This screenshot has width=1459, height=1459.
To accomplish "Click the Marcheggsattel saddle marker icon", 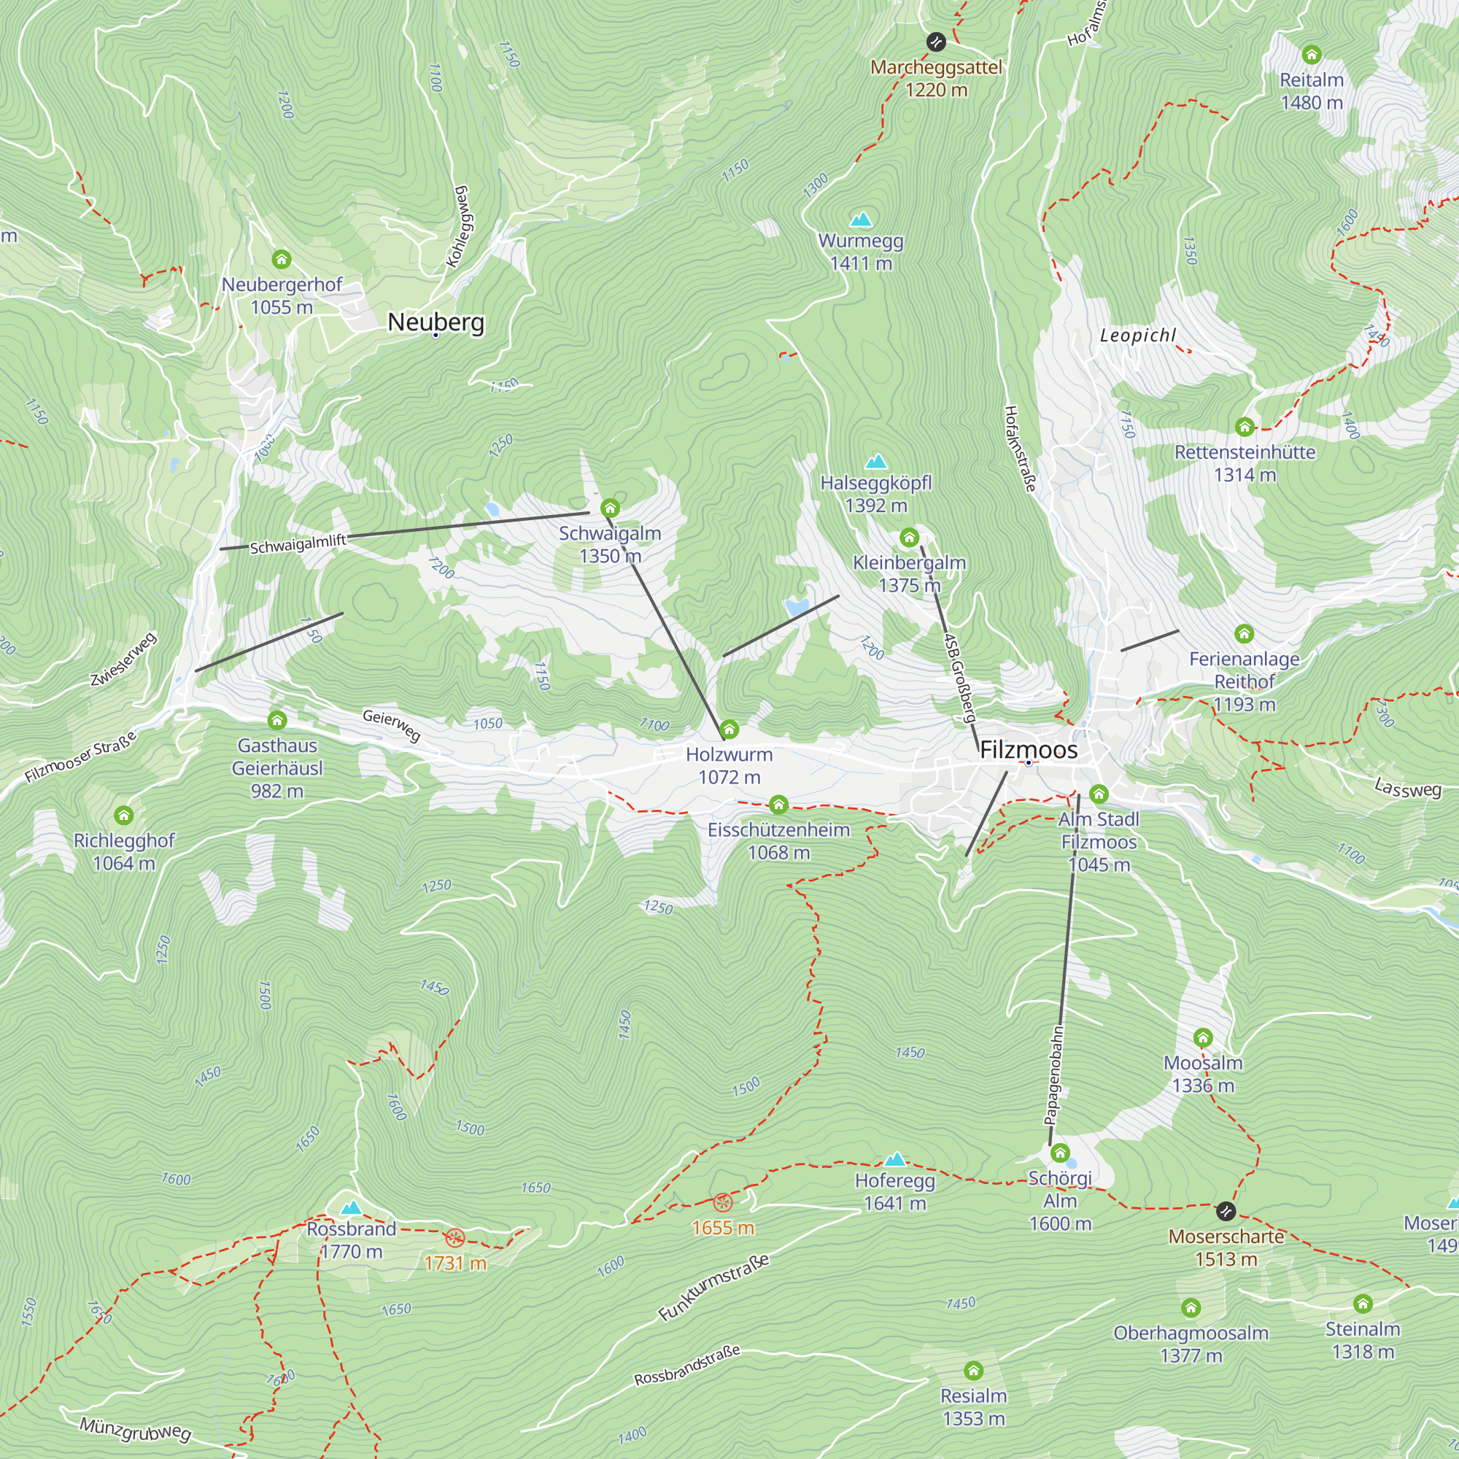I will coord(936,42).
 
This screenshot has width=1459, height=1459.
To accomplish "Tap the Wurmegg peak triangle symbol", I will coord(861,220).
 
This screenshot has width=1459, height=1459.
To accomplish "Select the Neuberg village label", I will coord(436,322).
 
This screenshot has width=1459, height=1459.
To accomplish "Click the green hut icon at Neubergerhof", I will coord(282,260).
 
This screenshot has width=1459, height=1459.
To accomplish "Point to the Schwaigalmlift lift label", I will coord(298,543).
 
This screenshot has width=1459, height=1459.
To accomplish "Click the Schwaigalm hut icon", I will coord(610,508).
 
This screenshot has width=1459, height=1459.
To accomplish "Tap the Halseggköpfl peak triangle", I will coord(876,462).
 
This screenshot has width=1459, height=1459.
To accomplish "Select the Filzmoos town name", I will coord(1029,750).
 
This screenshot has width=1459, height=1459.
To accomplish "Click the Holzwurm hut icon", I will coord(729,729).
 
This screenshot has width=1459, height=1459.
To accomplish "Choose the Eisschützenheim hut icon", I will coord(778,804).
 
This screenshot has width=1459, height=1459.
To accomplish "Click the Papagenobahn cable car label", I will coord(1054,1075).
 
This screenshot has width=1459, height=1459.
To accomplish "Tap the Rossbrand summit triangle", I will coord(351,1207).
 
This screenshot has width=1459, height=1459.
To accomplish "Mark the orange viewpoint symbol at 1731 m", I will coord(454,1238).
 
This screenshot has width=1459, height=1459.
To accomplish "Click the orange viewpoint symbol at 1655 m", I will coord(723,1202).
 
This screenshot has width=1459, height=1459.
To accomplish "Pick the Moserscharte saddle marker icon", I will coord(1226,1211).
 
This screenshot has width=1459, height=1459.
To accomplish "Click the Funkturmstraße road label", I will coord(713,1288).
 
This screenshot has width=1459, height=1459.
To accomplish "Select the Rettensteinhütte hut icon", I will coord(1245,427).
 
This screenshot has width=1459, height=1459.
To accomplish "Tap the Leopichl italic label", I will coord(1138,336).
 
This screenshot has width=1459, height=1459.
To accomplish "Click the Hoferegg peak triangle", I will coord(895,1159).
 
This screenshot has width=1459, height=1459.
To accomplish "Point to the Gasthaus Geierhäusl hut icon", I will coord(277,721).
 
